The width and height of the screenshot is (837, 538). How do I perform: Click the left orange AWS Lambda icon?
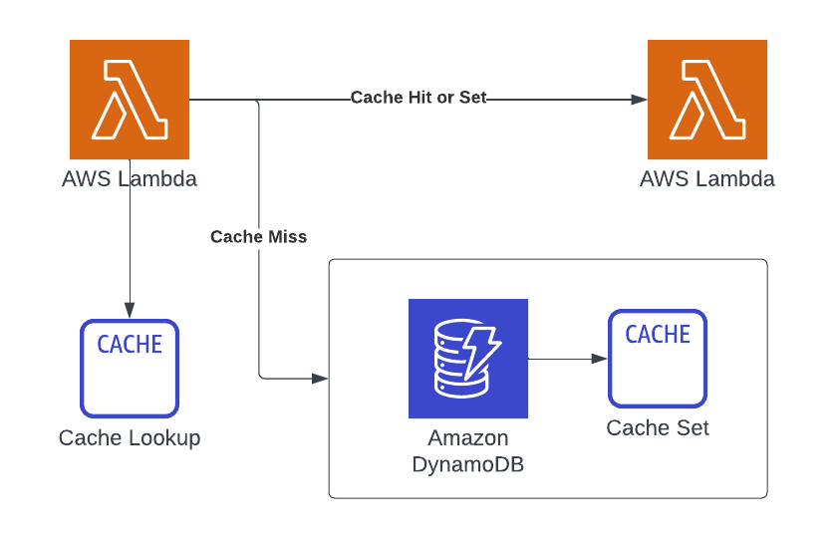130,100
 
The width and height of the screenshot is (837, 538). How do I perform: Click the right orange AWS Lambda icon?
707,100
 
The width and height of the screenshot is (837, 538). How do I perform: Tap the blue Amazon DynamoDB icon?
468,359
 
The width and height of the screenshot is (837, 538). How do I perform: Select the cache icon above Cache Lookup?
130,368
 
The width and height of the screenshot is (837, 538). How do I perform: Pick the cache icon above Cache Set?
658,358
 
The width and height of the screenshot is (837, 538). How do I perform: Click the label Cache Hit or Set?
418,98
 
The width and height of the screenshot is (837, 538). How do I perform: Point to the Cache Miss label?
259,237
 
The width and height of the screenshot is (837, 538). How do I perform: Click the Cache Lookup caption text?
130,438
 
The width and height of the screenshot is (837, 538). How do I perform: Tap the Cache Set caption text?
658,428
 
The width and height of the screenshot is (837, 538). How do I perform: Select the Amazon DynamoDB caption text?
468,450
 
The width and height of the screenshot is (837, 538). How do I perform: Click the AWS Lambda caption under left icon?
130,180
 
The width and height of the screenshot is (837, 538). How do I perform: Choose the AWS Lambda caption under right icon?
707,180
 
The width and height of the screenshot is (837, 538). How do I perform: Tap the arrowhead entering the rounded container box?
321,379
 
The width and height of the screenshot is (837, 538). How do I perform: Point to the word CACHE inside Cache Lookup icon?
130,345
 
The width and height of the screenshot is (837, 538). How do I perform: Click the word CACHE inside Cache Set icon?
658,335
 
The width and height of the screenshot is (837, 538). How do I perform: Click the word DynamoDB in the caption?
468,463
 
